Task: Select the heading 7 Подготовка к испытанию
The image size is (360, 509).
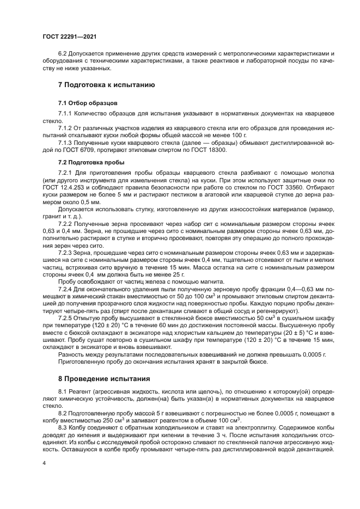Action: [106, 85]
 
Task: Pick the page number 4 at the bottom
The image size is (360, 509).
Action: [44, 462]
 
